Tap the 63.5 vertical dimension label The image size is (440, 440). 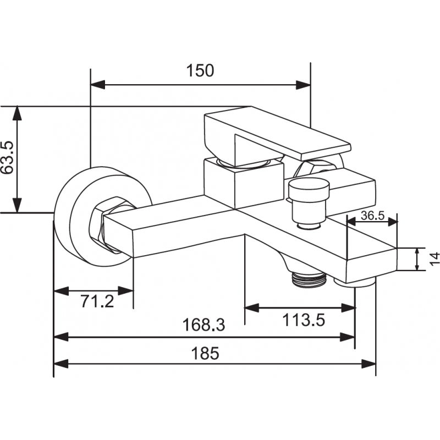pos(7,158)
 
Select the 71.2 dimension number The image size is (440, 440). pos(97,301)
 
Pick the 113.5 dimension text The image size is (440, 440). pos(304,319)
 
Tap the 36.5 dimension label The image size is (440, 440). pos(372,215)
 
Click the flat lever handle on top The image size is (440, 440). pos(275,133)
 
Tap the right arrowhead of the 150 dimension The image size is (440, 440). pos(304,85)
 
